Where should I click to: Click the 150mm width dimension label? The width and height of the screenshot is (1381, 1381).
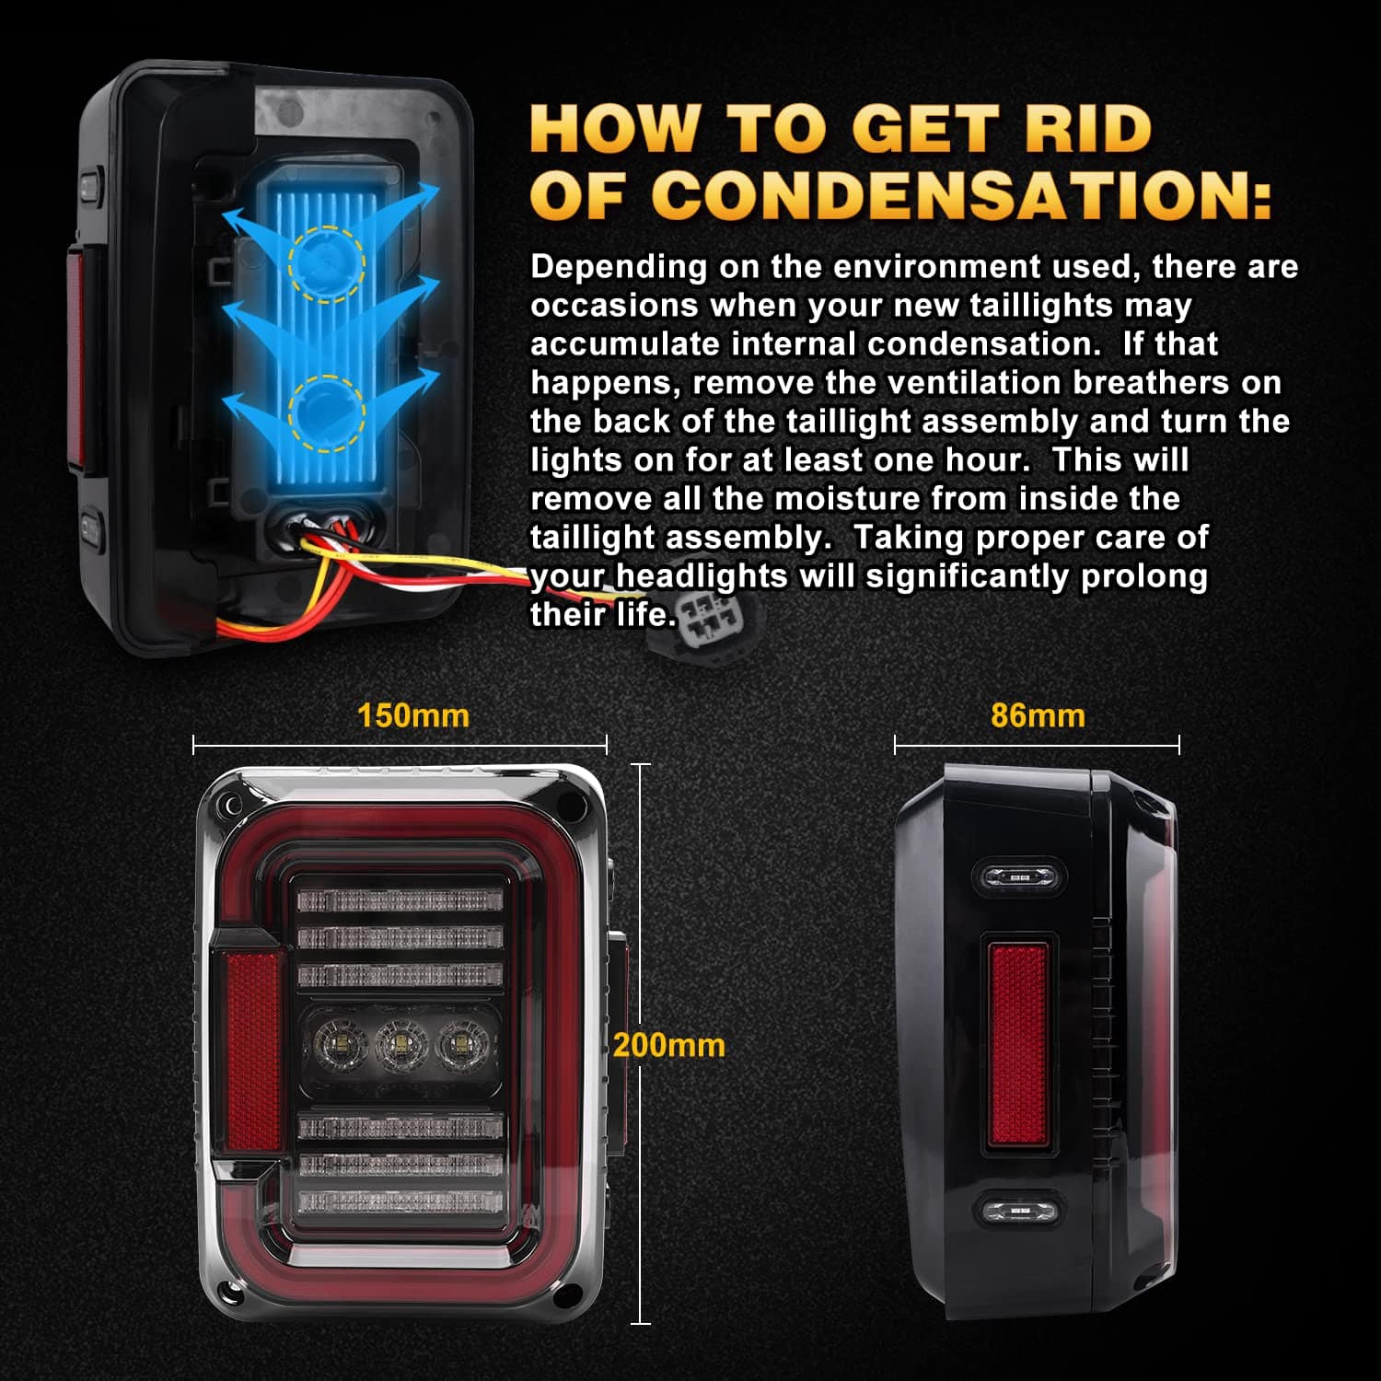tap(413, 715)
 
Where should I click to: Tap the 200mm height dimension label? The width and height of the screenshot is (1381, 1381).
tap(669, 1045)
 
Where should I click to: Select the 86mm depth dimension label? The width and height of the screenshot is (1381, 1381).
tap(1038, 715)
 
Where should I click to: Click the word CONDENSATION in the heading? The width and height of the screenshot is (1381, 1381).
tap(961, 195)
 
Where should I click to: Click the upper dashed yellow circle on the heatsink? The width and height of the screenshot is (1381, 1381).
tap(327, 263)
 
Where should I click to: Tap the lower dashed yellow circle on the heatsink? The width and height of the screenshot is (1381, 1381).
tap(327, 413)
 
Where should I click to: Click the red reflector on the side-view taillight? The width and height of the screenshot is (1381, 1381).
tap(1017, 1044)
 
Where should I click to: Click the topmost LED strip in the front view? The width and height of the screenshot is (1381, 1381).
tap(400, 900)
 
